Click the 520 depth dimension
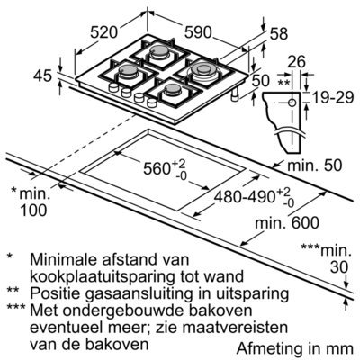point(103,32)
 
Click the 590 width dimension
point(198,32)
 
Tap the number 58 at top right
point(279,34)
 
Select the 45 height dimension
point(42,76)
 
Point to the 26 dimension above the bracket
point(296,61)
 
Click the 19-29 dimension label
point(333,97)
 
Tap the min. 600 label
point(287,222)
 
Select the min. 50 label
point(314,166)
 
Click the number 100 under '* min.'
point(33,210)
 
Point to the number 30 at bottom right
point(339,267)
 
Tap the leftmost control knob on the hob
point(113,87)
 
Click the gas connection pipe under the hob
point(234,94)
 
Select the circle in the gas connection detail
point(292,103)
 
